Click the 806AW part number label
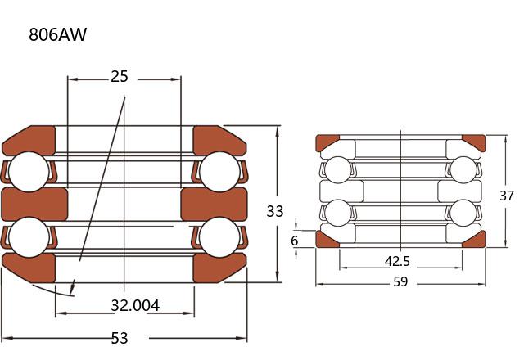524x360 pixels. tap(57, 34)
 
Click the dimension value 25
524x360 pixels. tap(120, 76)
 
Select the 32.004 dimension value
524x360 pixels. tap(135, 305)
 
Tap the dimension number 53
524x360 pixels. tap(120, 338)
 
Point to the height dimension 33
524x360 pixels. tap(275, 211)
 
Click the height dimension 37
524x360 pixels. tap(506, 196)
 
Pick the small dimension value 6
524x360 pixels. tap(294, 241)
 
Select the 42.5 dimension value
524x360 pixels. tap(397, 261)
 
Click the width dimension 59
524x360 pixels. tap(400, 281)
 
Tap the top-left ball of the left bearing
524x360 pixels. tap(29, 172)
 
